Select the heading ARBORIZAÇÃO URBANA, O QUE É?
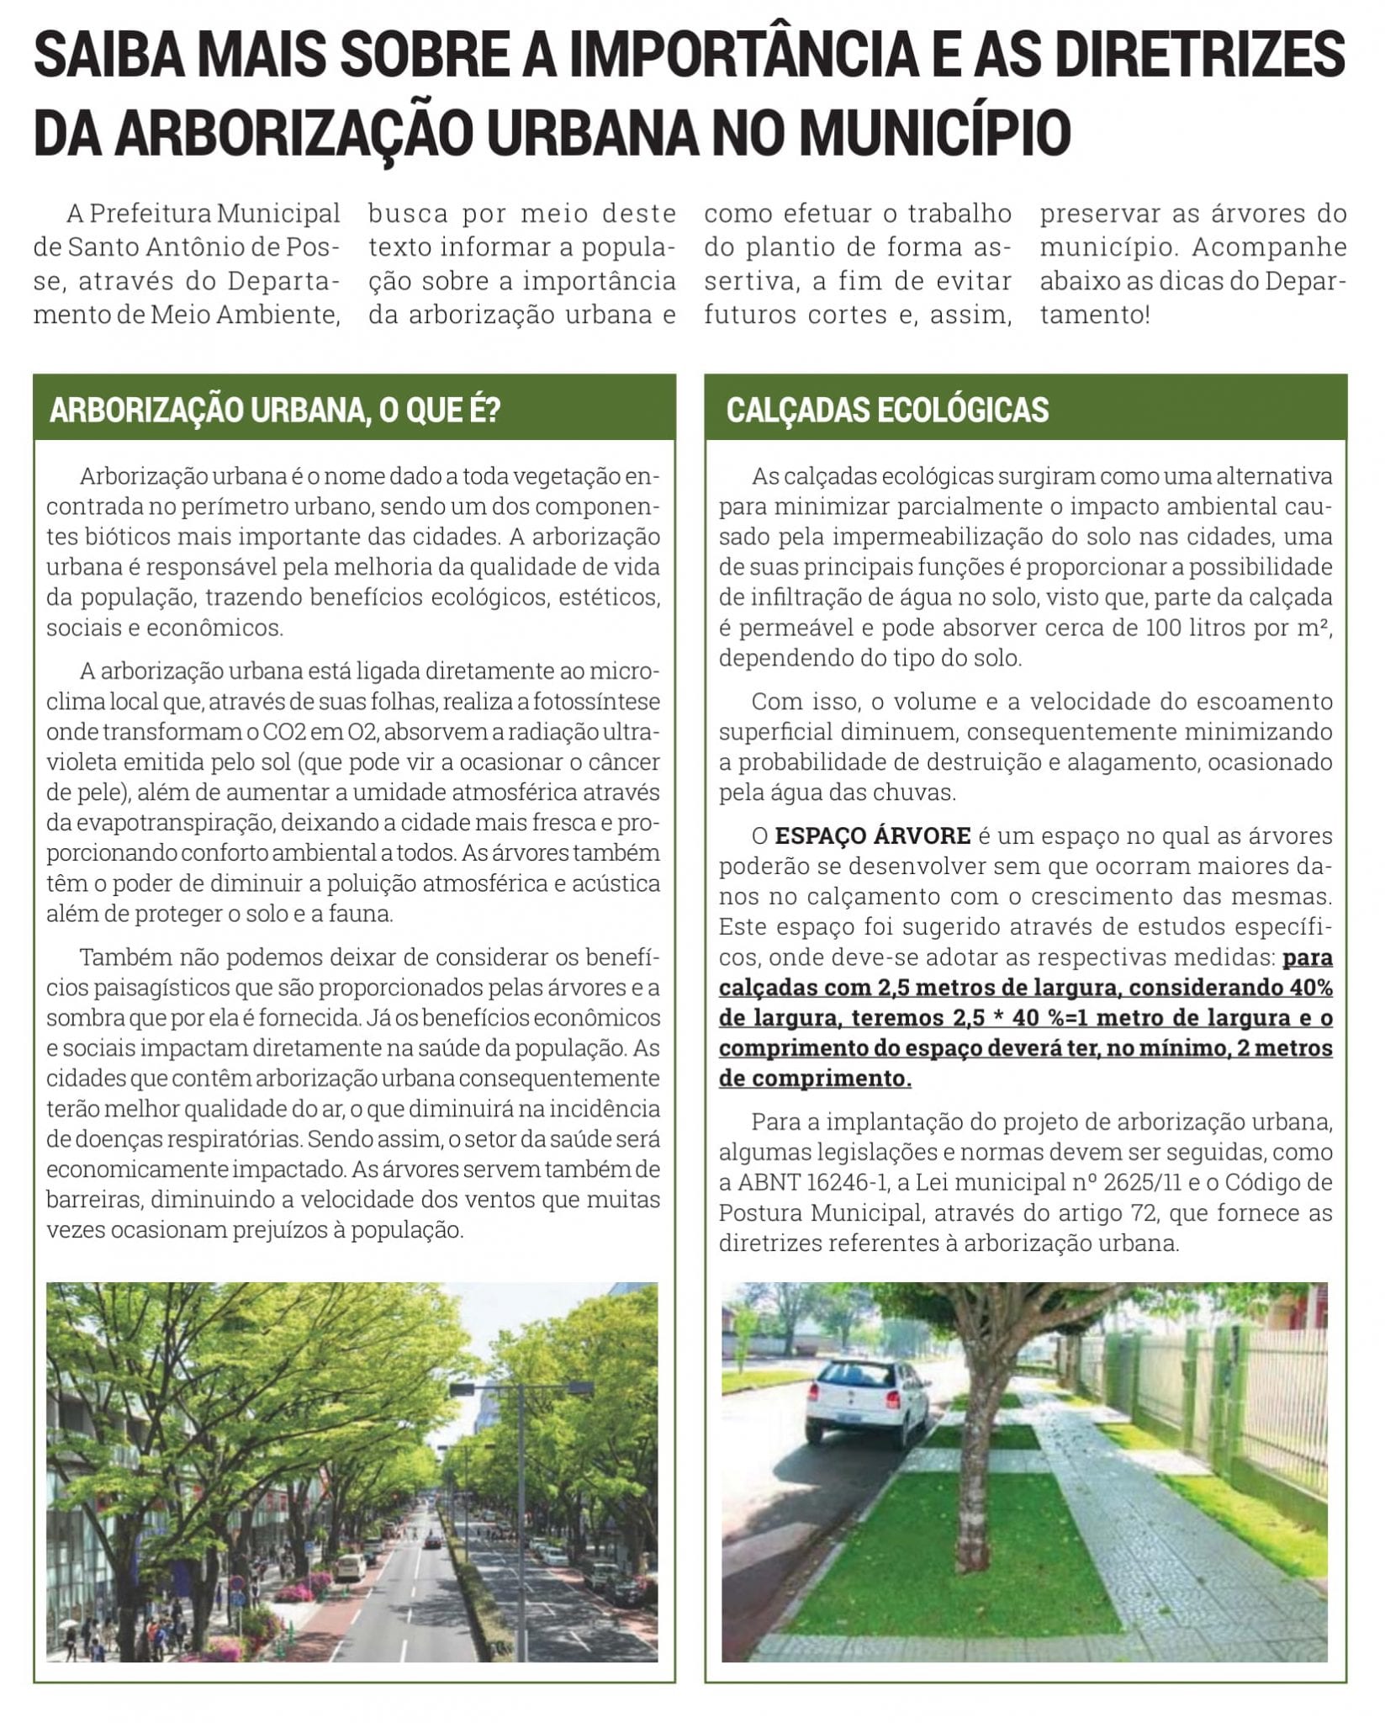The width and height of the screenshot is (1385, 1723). pyautogui.click(x=275, y=410)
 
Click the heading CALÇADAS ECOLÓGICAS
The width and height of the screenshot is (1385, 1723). pyautogui.click(x=887, y=410)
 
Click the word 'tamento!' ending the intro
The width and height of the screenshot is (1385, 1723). pyautogui.click(x=1093, y=315)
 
